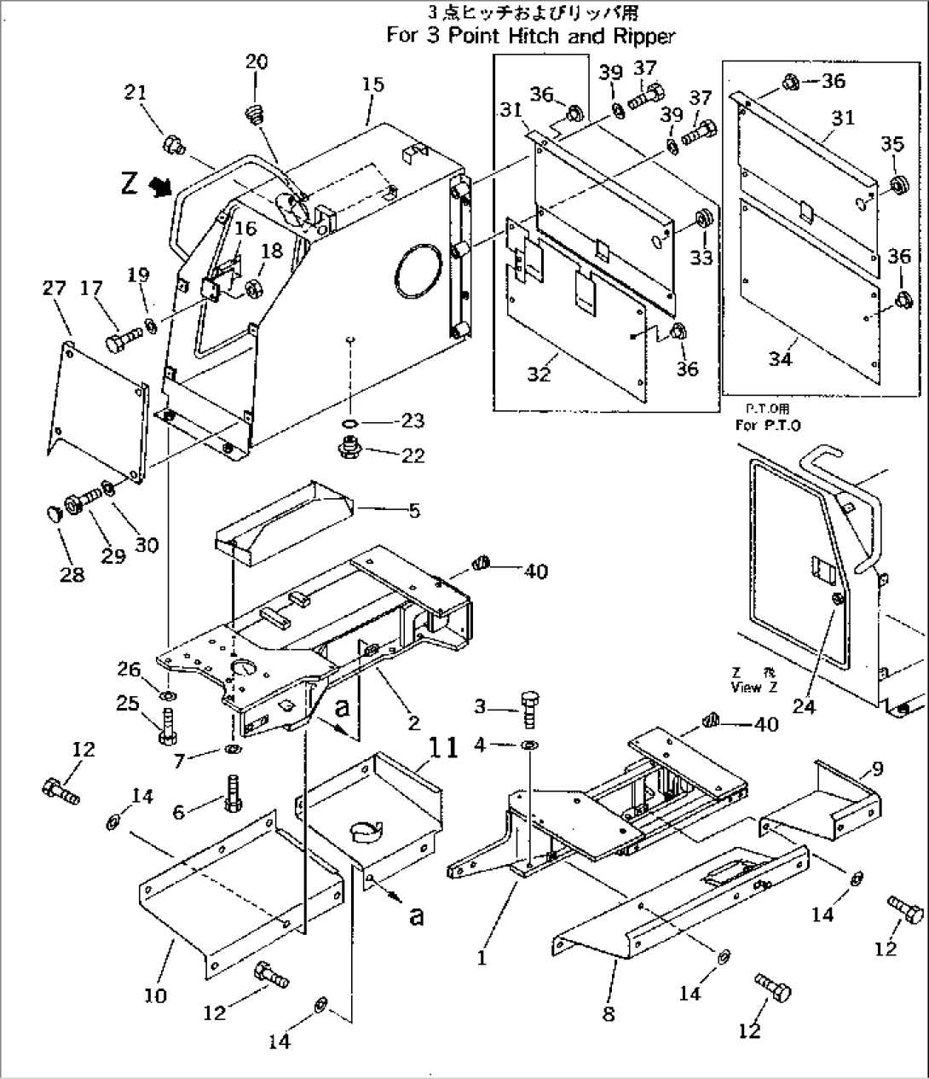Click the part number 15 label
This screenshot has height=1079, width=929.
372,84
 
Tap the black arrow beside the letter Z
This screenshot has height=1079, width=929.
158,185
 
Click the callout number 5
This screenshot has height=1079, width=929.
413,511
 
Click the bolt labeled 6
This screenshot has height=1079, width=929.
231,796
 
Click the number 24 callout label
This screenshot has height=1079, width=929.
805,706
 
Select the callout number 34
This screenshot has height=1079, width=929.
780,358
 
